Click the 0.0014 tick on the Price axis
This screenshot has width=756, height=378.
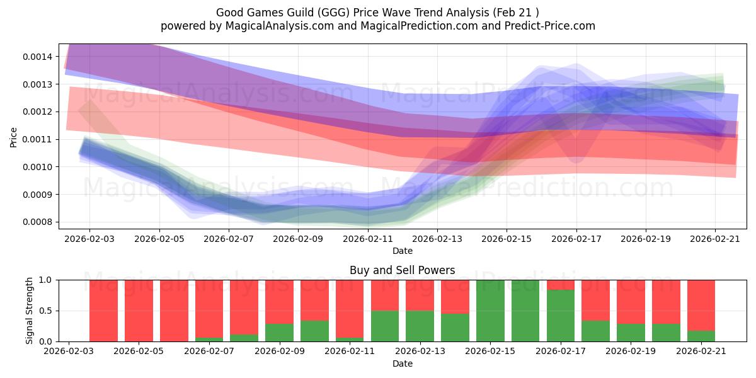pos(37,57)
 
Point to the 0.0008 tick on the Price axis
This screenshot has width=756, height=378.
pos(37,222)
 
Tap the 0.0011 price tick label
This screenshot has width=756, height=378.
pos(37,139)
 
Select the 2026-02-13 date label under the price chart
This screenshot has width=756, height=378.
pos(437,239)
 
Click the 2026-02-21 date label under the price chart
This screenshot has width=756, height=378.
pos(715,239)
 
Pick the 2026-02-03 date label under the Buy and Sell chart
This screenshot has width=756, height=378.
pos(69,351)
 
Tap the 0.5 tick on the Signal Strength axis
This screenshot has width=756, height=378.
pos(45,311)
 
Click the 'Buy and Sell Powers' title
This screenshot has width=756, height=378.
pos(403,270)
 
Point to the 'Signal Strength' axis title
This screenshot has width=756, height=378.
pos(30,311)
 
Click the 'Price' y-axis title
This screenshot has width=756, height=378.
pos(13,137)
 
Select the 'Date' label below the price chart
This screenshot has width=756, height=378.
pos(403,251)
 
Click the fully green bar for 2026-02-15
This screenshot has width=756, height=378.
pos(490,311)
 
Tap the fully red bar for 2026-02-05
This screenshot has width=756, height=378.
pos(139,311)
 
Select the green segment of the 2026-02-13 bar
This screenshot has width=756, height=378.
pos(420,326)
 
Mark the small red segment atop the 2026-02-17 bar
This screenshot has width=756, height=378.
pos(561,285)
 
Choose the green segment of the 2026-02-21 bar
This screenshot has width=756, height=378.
pos(701,336)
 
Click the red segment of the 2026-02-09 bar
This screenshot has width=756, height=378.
pos(280,302)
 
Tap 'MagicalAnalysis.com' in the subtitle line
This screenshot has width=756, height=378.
pos(280,26)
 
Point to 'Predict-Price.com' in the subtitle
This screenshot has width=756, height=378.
pos(550,26)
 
